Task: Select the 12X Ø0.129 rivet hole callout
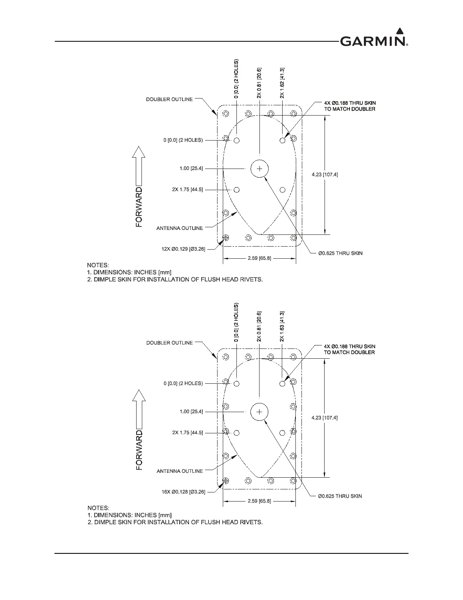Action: [183, 249]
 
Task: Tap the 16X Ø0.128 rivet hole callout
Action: [183, 492]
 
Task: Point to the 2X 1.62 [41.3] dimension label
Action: [282, 83]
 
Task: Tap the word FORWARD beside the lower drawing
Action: [139, 450]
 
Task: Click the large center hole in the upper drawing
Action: [259, 169]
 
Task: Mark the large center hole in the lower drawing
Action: [259, 412]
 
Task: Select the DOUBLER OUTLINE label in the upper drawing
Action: [169, 99]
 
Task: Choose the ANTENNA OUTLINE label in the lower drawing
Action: [180, 471]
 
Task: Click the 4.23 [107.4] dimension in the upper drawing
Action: [325, 175]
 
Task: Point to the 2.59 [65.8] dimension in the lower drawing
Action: [259, 501]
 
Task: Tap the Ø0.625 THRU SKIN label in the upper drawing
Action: [340, 253]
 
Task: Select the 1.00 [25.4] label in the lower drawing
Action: [191, 412]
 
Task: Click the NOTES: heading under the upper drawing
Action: [98, 265]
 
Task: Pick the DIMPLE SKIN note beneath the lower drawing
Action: [175, 522]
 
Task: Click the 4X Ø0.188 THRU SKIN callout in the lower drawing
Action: [350, 349]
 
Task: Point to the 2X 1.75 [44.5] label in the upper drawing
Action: [187, 189]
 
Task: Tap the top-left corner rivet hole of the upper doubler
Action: [226, 113]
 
